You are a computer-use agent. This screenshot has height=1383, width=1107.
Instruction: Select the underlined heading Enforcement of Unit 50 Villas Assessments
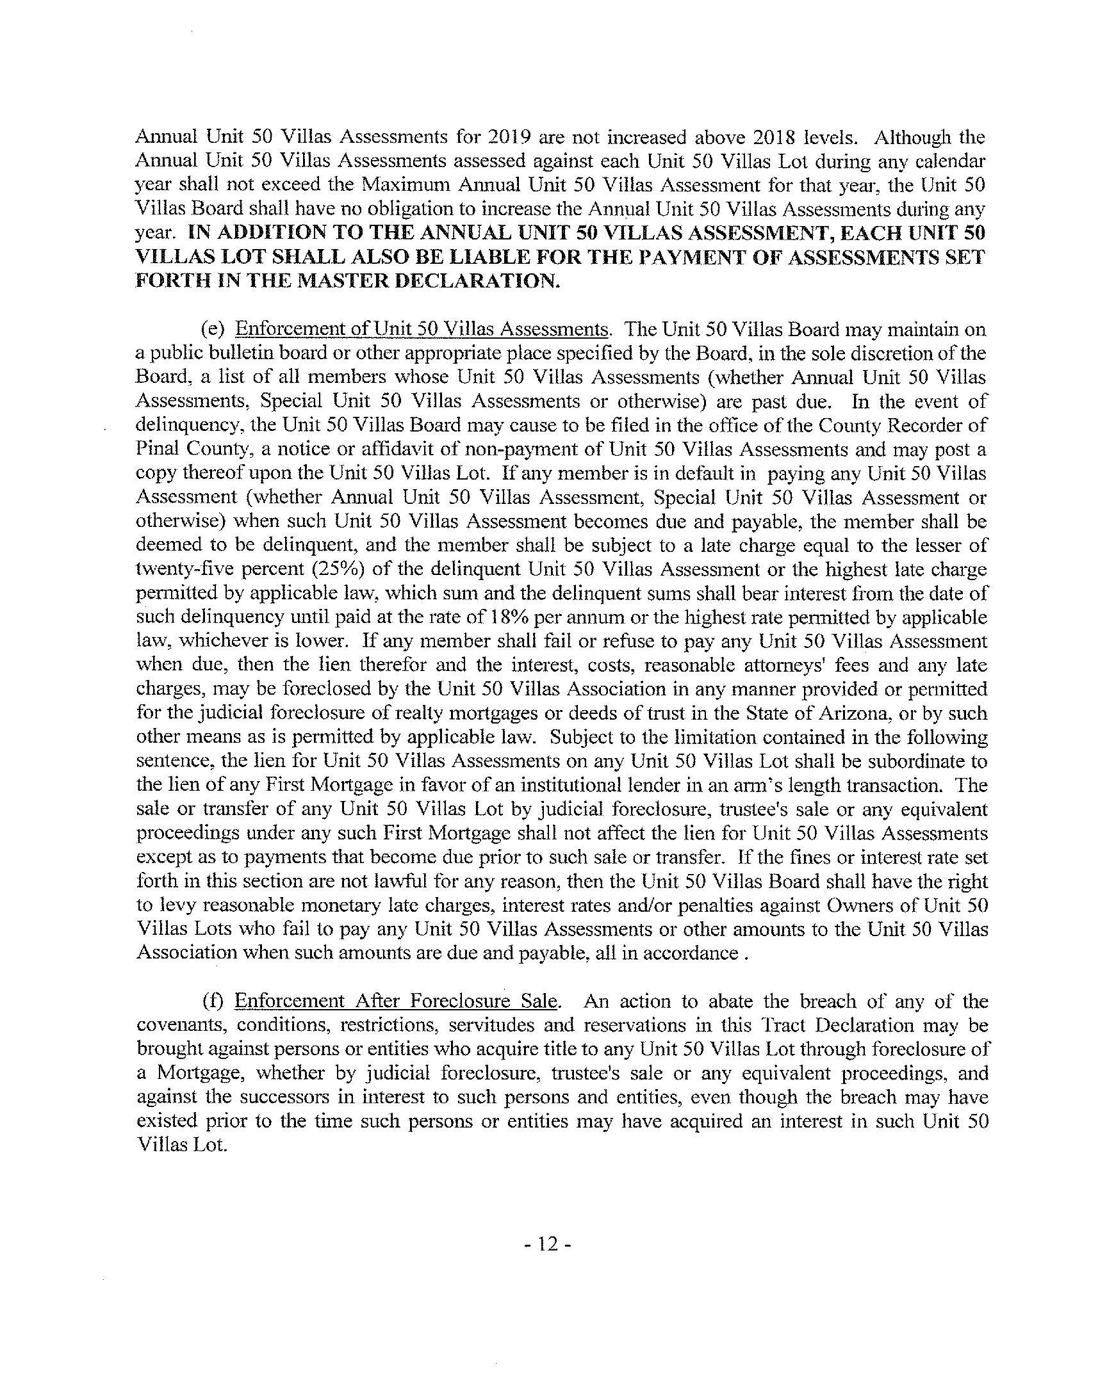point(421,330)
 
